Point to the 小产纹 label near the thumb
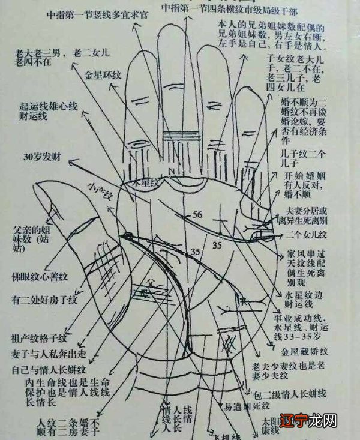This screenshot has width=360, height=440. tap(100, 187)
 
